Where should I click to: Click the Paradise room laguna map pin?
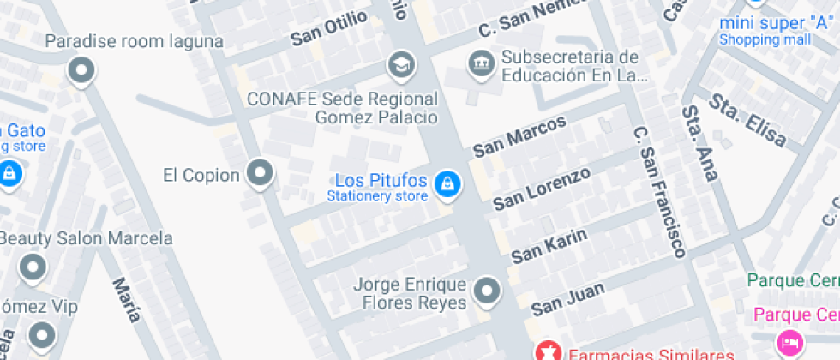tap(81, 70)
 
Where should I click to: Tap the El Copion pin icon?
tap(259, 174)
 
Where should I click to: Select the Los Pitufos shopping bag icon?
tap(446, 183)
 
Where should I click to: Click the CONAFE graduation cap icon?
tap(399, 63)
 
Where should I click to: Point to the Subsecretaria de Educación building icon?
tap(479, 62)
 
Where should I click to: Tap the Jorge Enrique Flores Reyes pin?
tap(488, 291)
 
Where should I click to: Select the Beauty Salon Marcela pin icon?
tap(33, 267)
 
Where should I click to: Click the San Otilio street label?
tap(329, 28)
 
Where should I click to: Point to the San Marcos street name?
tap(519, 135)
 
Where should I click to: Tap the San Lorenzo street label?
tap(541, 189)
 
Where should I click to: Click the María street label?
tap(126, 299)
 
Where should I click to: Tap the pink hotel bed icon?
tap(788, 342)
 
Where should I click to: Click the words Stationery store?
tap(376, 196)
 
